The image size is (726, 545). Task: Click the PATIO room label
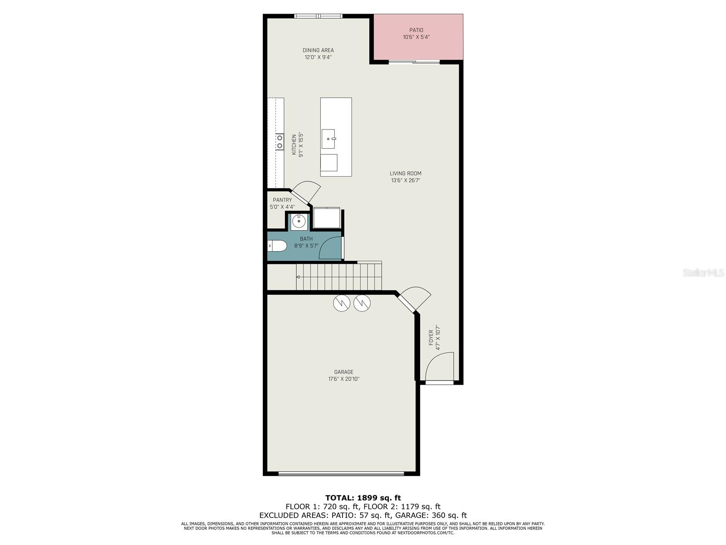[416, 30]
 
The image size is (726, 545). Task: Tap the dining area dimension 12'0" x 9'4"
[318, 58]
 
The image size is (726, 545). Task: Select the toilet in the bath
[277, 246]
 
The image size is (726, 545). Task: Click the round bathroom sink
[299, 222]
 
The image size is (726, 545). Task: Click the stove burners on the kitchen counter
[280, 141]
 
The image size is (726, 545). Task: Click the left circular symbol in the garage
[342, 303]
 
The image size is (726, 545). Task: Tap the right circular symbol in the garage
[362, 303]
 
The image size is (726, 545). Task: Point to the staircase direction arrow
[298, 277]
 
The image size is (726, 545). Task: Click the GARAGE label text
[343, 372]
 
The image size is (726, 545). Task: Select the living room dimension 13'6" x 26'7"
[406, 180]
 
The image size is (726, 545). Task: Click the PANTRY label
[282, 200]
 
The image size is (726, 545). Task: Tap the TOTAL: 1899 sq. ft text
[363, 498]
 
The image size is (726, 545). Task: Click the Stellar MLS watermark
[703, 273]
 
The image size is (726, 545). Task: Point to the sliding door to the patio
[414, 62]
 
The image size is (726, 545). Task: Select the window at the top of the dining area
[318, 16]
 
